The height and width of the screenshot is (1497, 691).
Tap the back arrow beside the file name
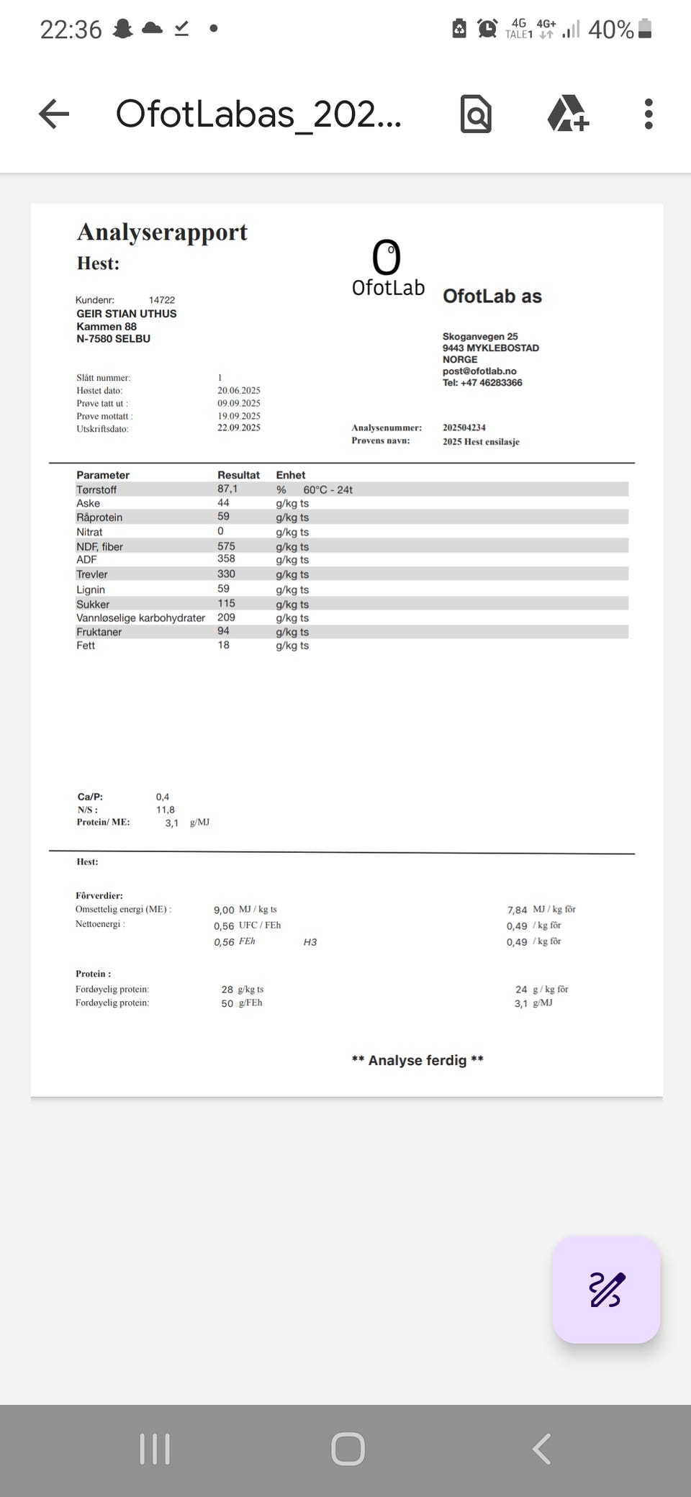point(54,114)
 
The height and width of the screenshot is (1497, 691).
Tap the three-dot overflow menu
point(649,114)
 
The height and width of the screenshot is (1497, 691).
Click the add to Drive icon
point(568,114)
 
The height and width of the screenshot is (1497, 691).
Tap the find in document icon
point(476,114)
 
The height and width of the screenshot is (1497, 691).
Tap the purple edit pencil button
point(606,1289)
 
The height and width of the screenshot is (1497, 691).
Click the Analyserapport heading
point(162,232)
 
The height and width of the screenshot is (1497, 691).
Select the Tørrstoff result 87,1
point(227,489)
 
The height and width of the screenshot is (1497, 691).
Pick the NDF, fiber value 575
point(226,546)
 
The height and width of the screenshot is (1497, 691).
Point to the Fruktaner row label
point(99,632)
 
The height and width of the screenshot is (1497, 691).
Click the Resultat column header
point(238,475)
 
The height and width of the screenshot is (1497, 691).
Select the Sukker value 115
point(226,603)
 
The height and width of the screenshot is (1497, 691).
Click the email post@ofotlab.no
point(479,371)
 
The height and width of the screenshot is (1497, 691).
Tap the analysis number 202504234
point(464,428)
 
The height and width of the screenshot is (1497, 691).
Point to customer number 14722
point(162,300)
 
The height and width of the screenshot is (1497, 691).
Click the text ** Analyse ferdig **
point(417,1060)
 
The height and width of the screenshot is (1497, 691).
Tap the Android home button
point(348,1449)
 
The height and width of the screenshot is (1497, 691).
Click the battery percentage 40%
point(610,30)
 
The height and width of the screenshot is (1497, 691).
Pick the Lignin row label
point(91,589)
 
